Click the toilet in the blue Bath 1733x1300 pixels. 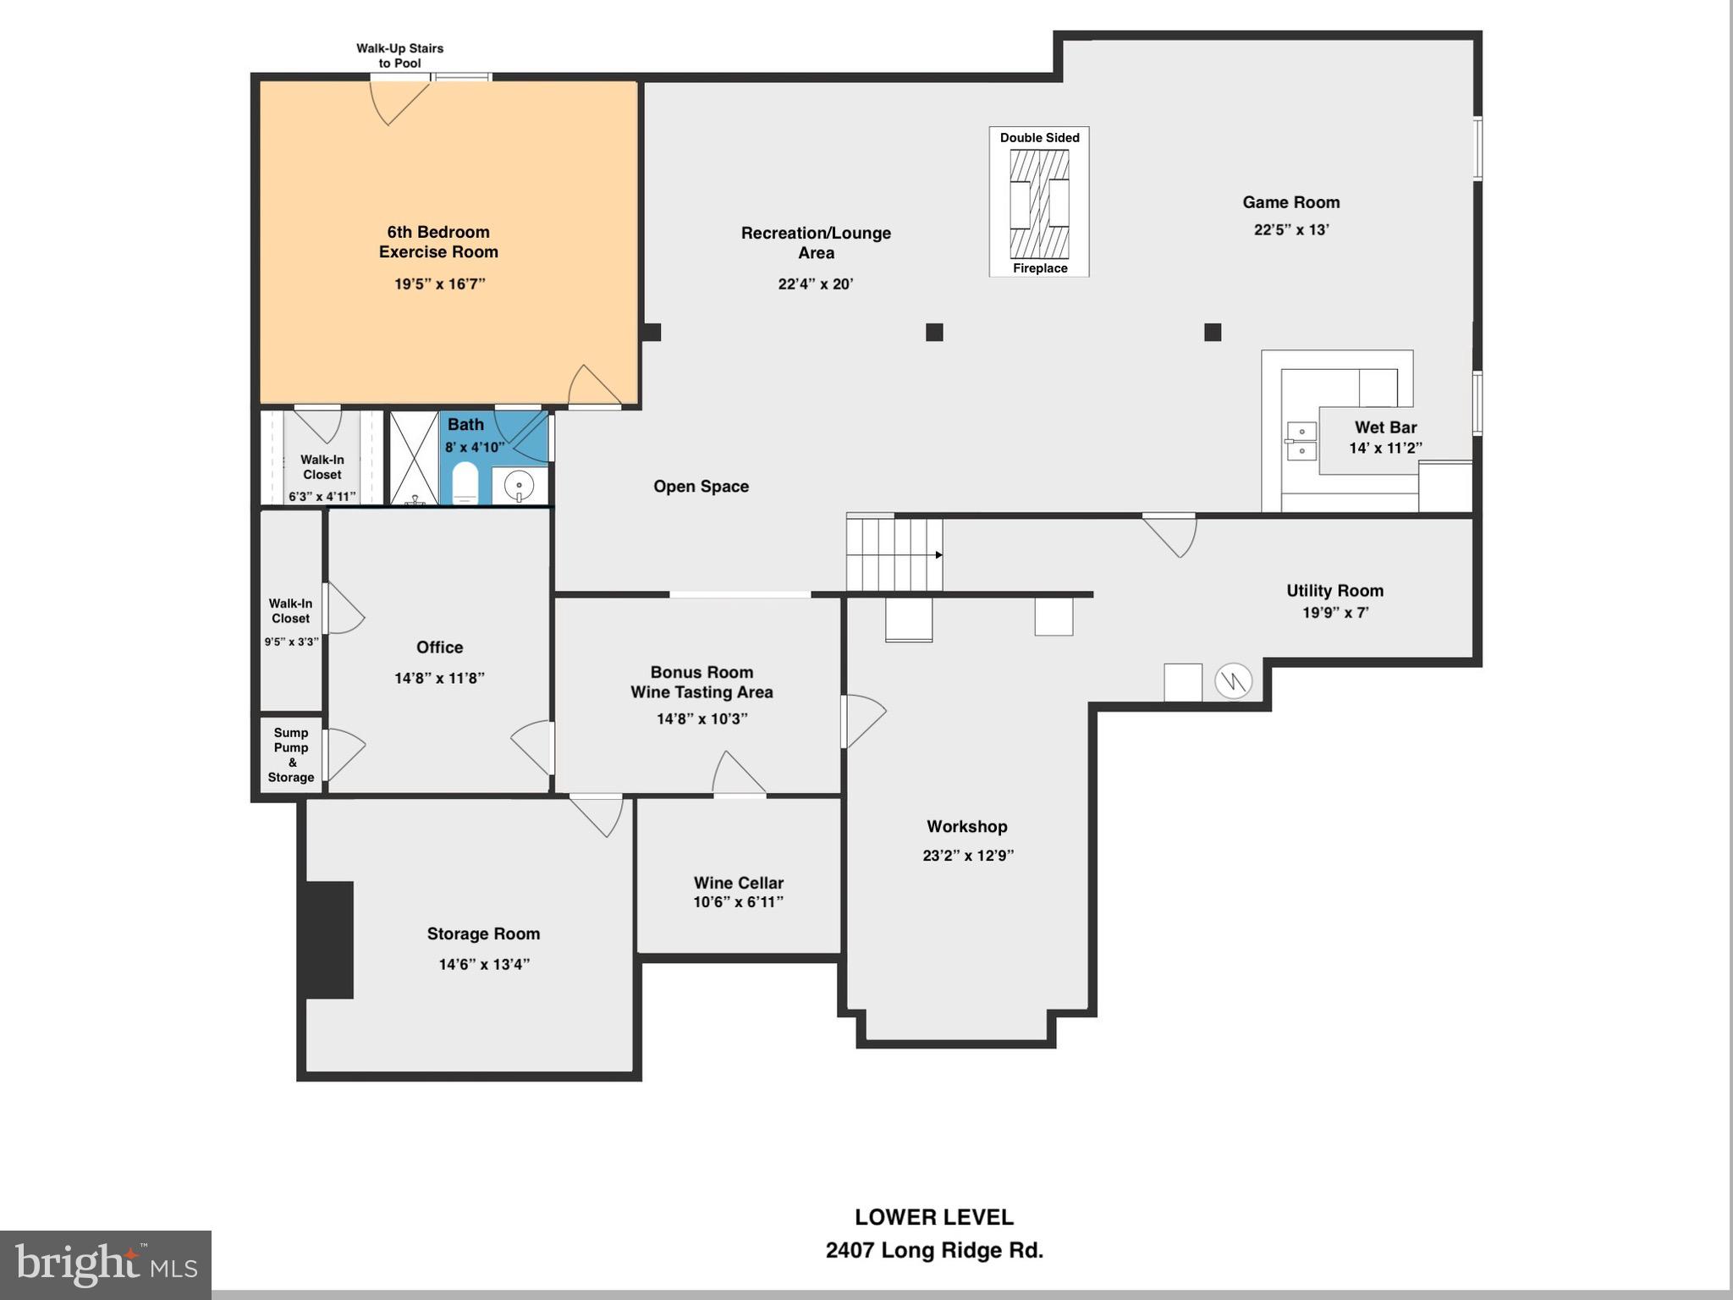click(x=465, y=483)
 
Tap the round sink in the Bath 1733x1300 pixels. click(x=518, y=485)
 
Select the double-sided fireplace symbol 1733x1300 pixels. click(x=1039, y=203)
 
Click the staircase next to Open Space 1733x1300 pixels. click(x=894, y=555)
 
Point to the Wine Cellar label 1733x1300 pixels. click(x=738, y=883)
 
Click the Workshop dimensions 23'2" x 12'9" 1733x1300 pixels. click(x=967, y=856)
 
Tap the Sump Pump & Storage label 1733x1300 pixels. click(x=291, y=755)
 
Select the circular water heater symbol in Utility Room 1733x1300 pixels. click(x=1233, y=680)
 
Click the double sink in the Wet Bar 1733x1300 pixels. click(x=1301, y=441)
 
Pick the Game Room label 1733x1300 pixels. click(x=1290, y=202)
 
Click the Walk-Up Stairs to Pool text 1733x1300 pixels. click(x=399, y=56)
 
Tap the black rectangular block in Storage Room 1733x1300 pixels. click(x=329, y=939)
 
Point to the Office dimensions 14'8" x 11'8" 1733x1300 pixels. click(x=439, y=678)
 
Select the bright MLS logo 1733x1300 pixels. click(x=106, y=1265)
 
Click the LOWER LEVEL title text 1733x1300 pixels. click(x=933, y=1217)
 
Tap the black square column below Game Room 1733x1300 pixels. click(x=1212, y=332)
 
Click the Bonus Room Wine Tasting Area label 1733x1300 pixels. click(x=701, y=682)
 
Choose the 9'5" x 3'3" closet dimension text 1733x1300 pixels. click(x=291, y=642)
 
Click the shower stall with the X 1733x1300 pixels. click(x=414, y=458)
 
